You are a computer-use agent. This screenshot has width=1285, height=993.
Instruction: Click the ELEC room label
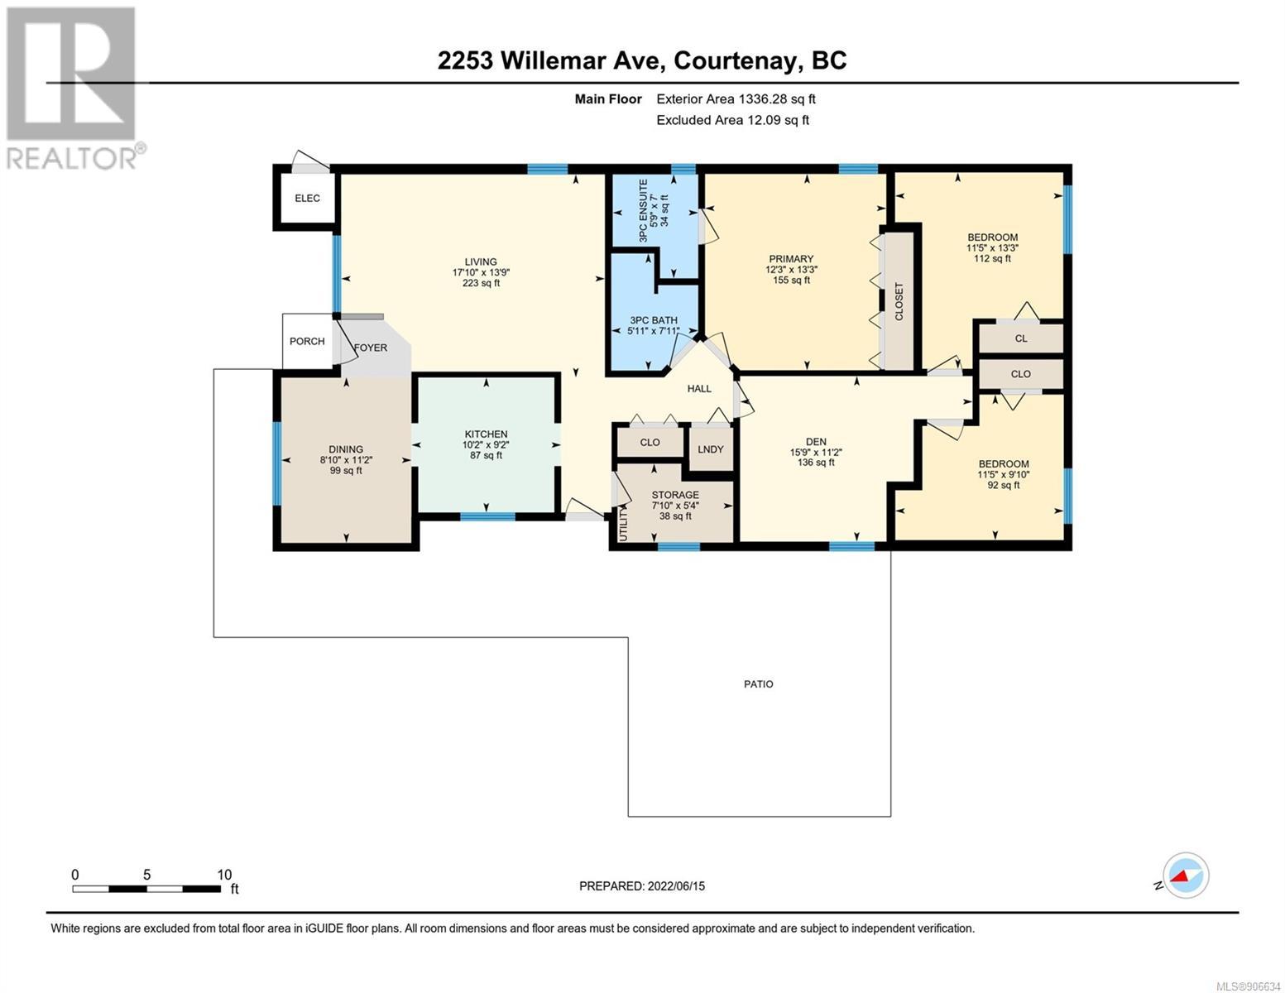pos(307,198)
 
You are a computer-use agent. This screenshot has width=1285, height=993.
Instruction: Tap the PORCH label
pos(307,341)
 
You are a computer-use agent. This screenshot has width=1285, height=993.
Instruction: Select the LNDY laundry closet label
pos(710,449)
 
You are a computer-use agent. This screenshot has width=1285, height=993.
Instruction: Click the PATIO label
pos(758,684)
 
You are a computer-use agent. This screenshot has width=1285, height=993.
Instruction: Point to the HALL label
pos(699,389)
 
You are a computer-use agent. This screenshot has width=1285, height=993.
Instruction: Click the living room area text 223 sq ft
pos(481,283)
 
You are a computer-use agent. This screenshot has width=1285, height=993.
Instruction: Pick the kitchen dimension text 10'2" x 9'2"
pos(486,444)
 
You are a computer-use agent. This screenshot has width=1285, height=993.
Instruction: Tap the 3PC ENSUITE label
pos(644,210)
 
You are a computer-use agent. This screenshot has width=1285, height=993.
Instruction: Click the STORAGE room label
pos(674,494)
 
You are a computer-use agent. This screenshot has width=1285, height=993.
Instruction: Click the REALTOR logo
pos(74,89)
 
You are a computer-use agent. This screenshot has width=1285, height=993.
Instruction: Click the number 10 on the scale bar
pos(224,875)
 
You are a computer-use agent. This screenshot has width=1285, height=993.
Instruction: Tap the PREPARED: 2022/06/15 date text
pos(641,886)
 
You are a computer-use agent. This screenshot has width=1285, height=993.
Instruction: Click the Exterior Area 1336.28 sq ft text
pos(736,99)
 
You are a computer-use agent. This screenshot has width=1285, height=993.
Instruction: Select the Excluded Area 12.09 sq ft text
pos(732,120)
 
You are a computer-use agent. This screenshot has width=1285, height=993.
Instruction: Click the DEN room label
pos(816,441)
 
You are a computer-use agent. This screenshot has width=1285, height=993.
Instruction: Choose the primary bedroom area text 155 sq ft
pos(791,280)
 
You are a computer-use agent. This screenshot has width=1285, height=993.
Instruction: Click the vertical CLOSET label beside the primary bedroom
pos(899,302)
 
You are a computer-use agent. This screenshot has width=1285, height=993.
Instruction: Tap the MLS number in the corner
pos(1247,986)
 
